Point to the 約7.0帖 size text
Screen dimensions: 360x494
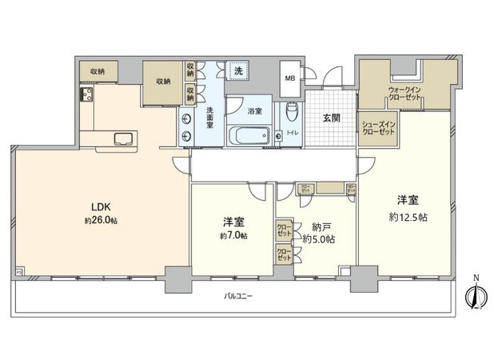(234, 235)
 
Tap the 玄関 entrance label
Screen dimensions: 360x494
(332, 118)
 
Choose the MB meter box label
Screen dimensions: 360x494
(290, 78)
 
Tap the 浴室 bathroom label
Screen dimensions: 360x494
(256, 111)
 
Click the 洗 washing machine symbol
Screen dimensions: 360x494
(237, 70)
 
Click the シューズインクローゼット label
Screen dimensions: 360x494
(378, 129)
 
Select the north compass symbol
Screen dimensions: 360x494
(476, 296)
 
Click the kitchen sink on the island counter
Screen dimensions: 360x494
(125, 138)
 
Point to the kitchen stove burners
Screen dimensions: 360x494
(87, 96)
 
